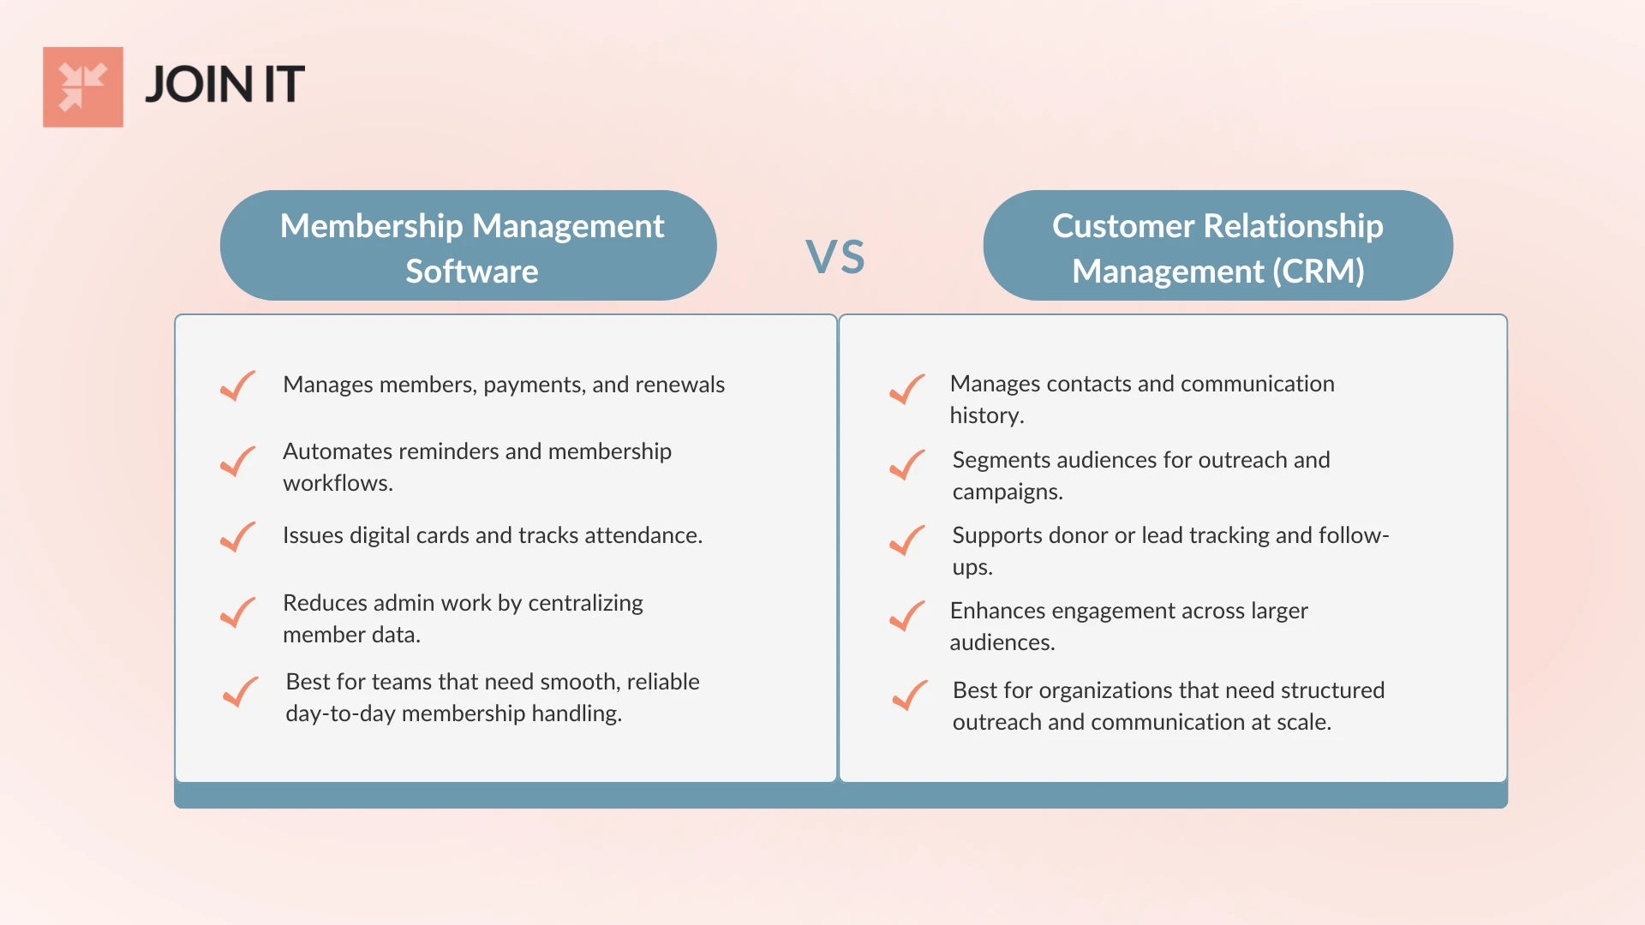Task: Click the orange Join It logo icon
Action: point(83,87)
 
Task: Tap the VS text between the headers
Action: point(835,257)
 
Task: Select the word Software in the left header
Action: point(472,272)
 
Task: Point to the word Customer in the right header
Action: point(1123,226)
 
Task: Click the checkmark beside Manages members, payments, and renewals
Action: point(238,386)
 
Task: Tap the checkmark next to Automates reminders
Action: point(238,462)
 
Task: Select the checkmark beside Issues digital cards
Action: point(238,537)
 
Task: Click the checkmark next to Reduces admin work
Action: point(238,612)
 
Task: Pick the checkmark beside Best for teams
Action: point(241,692)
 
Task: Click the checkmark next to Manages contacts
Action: point(907,390)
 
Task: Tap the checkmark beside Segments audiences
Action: point(907,465)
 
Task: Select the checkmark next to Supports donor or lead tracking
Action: point(907,540)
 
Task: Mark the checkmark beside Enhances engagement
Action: point(907,616)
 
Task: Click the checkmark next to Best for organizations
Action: point(910,695)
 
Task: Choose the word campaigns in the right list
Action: point(1007,492)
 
